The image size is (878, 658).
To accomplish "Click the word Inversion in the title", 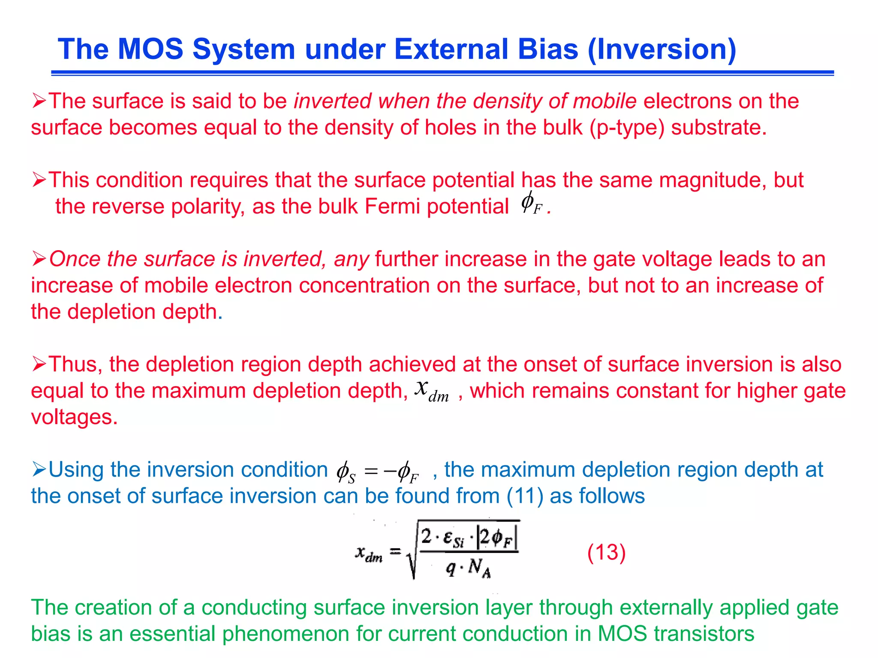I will click(x=662, y=49).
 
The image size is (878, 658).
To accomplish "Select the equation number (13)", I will click(x=606, y=552).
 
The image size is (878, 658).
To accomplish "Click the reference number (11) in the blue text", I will click(x=525, y=496).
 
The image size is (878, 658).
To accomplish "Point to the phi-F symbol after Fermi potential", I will click(x=531, y=203).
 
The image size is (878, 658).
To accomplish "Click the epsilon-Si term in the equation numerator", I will click(x=453, y=538).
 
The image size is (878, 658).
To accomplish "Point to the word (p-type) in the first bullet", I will click(x=627, y=128).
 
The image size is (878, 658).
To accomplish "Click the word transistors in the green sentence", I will click(x=704, y=634).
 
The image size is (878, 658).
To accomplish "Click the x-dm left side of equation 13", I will click(x=369, y=553).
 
